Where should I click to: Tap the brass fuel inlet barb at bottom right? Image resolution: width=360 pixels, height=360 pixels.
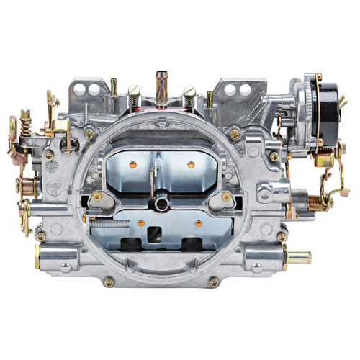[299, 256]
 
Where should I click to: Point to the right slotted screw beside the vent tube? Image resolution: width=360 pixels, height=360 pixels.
[189, 91]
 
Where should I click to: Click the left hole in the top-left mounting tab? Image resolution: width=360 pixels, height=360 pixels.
[90, 89]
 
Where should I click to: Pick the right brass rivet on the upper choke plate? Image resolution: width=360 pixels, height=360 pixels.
[191, 164]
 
